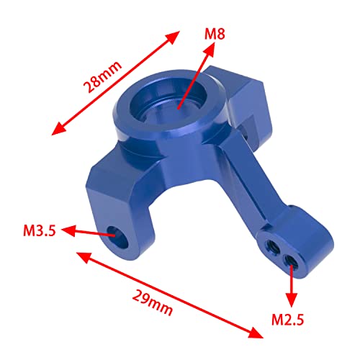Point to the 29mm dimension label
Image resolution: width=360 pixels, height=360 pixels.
pos(153,300)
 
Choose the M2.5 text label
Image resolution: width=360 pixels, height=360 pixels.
pos(289,318)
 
